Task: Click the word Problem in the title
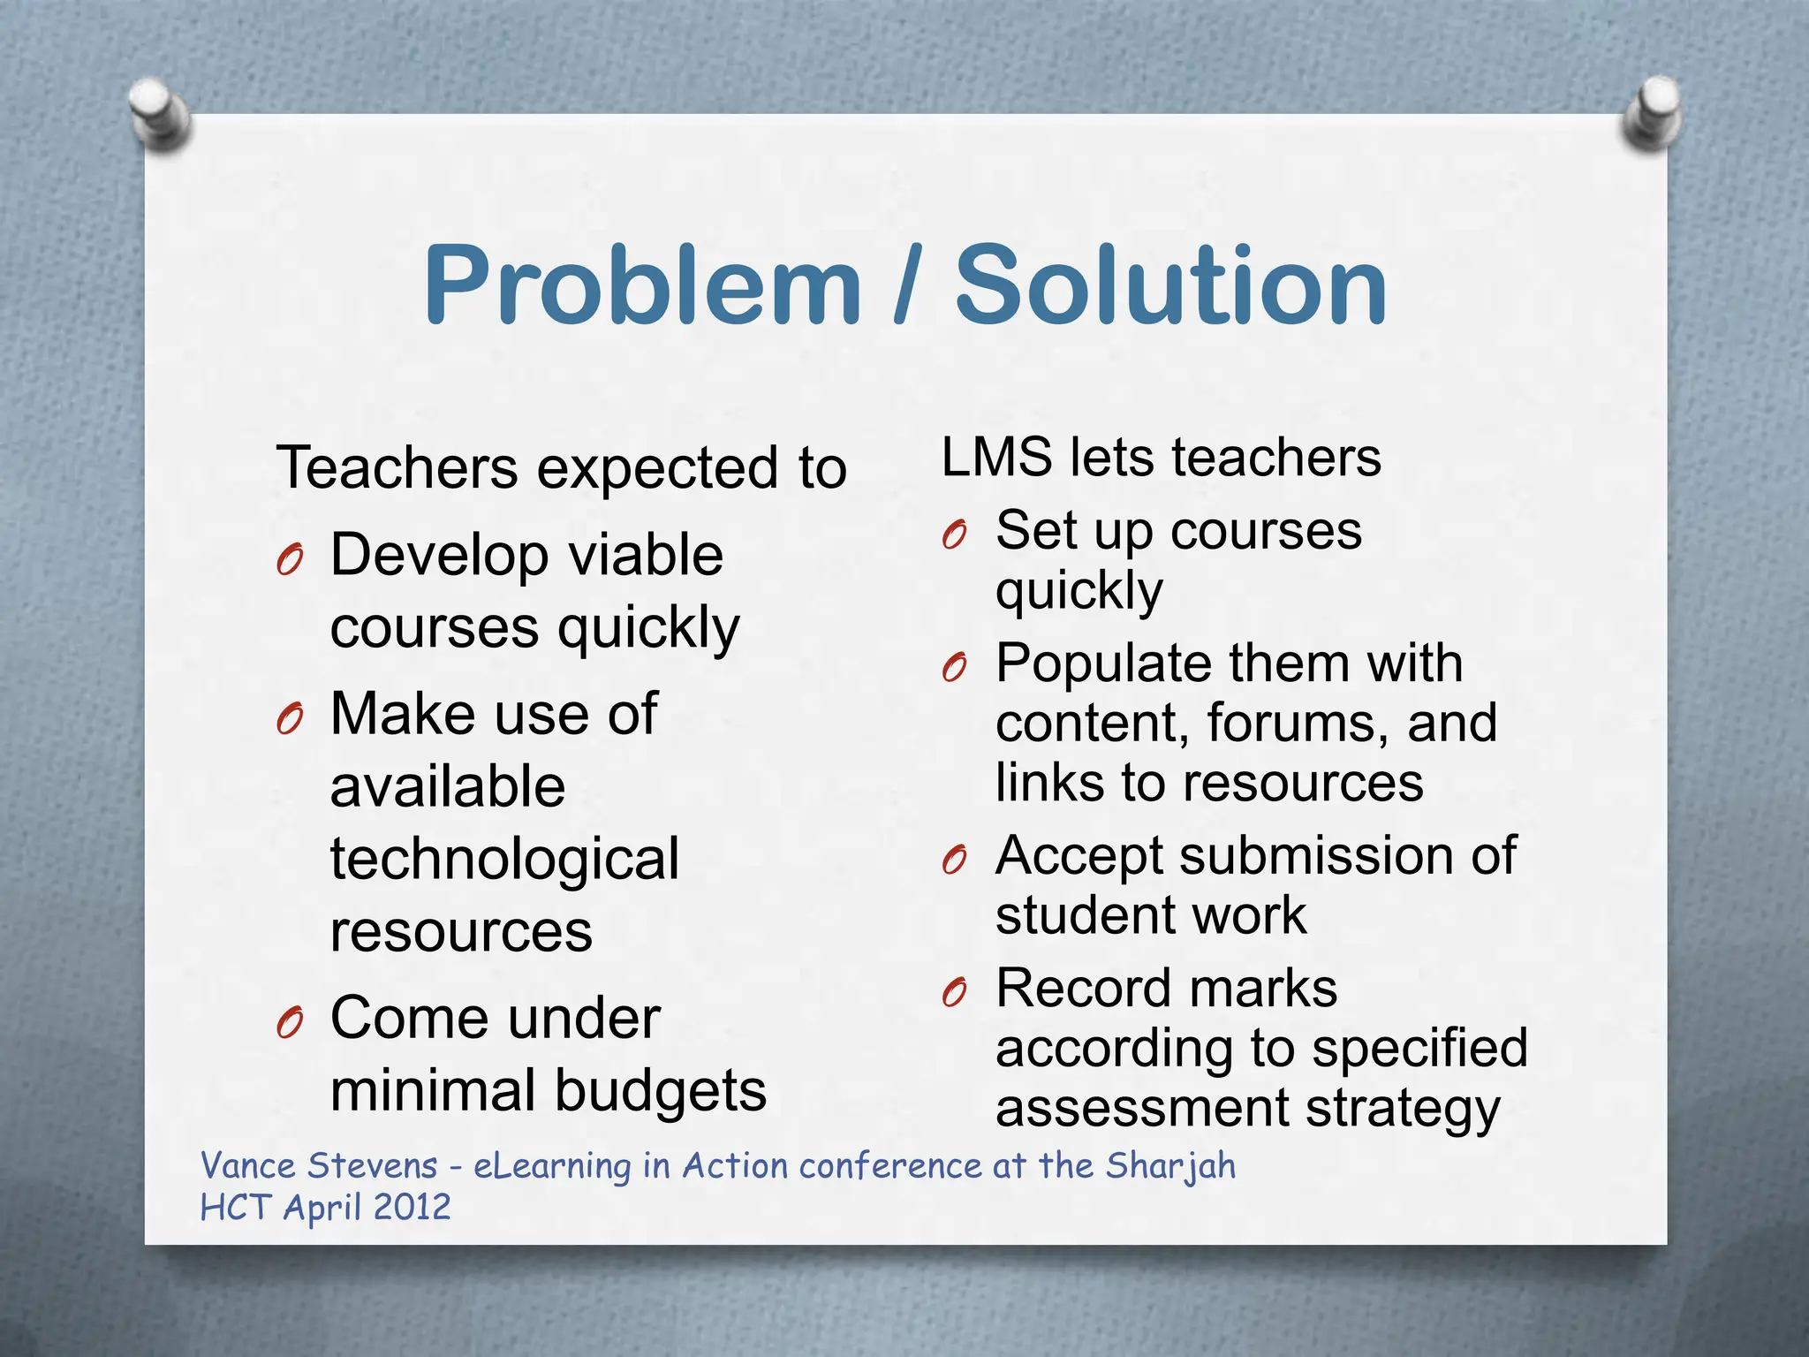[642, 284]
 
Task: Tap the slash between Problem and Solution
[907, 284]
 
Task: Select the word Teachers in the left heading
[397, 467]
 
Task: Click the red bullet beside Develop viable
[290, 559]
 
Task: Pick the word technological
[504, 860]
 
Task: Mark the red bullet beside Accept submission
[955, 859]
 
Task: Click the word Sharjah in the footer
[1170, 1166]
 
